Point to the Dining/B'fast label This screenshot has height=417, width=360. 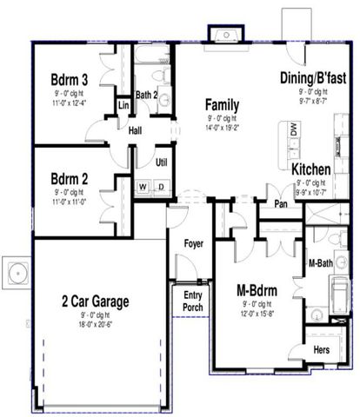pyautogui.click(x=312, y=77)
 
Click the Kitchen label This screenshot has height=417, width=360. pyautogui.click(x=310, y=169)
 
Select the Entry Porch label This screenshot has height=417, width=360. pyautogui.click(x=193, y=301)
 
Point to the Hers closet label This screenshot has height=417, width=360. pyautogui.click(x=321, y=349)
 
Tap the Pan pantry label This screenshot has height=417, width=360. pyautogui.click(x=281, y=204)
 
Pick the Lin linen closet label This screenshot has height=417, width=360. pyautogui.click(x=123, y=105)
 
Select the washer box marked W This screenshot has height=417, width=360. pyautogui.click(x=142, y=186)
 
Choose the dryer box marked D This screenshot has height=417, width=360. pyautogui.click(x=160, y=186)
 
